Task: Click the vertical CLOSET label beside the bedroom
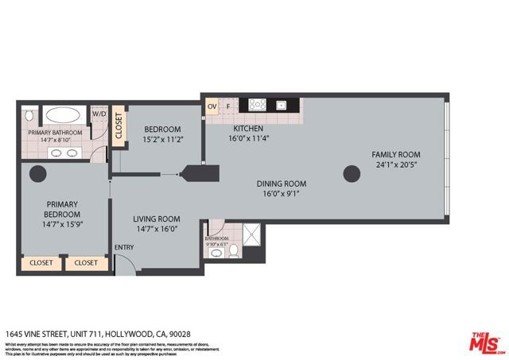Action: [119, 126]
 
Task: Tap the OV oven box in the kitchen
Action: [212, 105]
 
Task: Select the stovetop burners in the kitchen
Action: [257, 104]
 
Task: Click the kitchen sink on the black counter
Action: [281, 104]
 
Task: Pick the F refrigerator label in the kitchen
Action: [228, 105]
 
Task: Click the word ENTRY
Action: [125, 247]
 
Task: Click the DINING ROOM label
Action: [284, 184]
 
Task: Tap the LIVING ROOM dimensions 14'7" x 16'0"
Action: [156, 230]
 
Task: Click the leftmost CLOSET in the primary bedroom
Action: [41, 262]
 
